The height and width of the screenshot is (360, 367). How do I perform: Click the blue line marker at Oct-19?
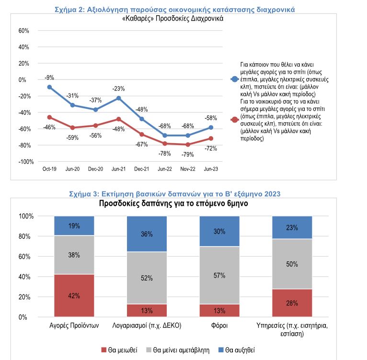coord(49,87)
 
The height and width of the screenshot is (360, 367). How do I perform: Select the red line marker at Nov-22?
coord(188,145)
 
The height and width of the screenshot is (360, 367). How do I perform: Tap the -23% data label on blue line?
coord(119,89)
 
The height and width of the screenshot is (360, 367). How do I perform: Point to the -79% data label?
coord(187,154)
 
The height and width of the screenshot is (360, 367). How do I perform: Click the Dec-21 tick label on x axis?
coord(142,169)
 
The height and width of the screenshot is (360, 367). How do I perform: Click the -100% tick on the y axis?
coord(22,162)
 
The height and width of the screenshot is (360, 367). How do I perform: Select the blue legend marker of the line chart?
coord(234,78)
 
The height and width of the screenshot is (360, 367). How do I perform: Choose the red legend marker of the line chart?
coord(234,120)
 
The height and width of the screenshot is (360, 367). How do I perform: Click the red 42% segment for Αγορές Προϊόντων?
coord(74,295)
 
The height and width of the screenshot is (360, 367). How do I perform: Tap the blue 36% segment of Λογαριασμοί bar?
coord(147,234)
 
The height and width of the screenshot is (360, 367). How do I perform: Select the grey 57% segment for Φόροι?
coord(219,275)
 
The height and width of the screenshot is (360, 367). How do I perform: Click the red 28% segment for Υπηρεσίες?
coord(292,303)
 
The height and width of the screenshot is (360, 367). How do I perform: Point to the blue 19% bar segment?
coord(74,225)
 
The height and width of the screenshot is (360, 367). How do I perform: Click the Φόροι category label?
coord(219,326)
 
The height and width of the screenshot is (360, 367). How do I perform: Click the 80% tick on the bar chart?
coord(26,236)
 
